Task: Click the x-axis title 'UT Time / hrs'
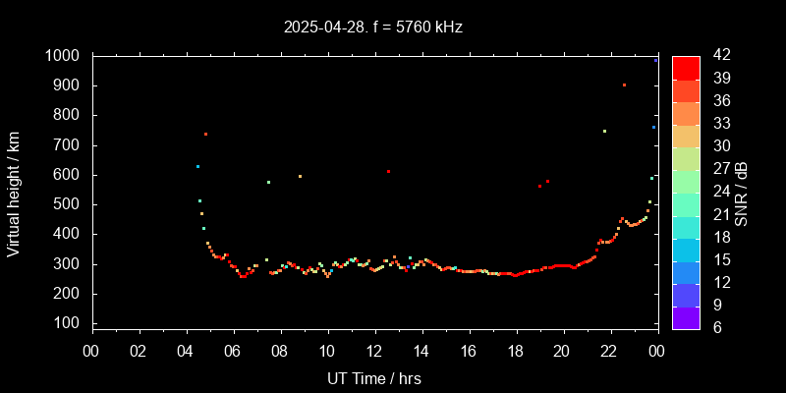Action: click(x=374, y=377)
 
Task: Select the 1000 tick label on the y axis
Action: click(x=63, y=56)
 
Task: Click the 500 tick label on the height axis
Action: click(x=68, y=204)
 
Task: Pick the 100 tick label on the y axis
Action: click(x=68, y=323)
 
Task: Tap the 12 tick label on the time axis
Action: click(x=374, y=352)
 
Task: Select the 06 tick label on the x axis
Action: click(x=233, y=352)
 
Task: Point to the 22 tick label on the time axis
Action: click(x=609, y=352)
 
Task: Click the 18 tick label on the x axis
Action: click(x=515, y=352)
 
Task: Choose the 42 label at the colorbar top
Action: click(x=716, y=56)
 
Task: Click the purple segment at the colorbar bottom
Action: click(x=686, y=318)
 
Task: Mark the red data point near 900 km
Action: click(x=624, y=85)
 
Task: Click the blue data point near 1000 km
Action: click(x=655, y=60)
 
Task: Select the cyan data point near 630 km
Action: click(x=197, y=166)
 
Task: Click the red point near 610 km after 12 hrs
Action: click(x=388, y=172)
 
